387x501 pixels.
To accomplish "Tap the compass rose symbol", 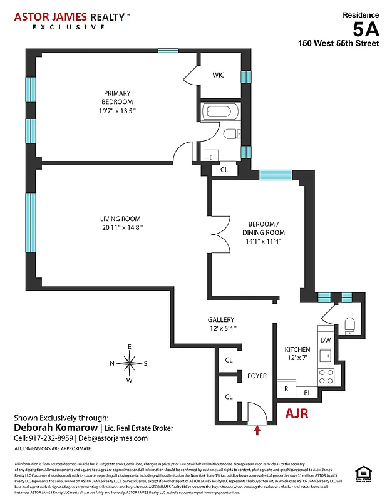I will pyautogui.click(x=129, y=363).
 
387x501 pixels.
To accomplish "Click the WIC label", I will pyautogui.click(x=218, y=75).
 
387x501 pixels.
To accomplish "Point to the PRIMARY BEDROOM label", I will pyautogui.click(x=118, y=98).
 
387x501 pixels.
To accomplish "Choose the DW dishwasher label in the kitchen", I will pyautogui.click(x=326, y=340).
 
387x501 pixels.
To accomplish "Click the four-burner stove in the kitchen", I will pyautogui.click(x=326, y=376).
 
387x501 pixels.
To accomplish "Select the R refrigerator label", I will pyautogui.click(x=286, y=388).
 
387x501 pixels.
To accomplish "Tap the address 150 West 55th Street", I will pyautogui.click(x=338, y=44).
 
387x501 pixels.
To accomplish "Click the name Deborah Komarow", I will pyautogui.click(x=55, y=428).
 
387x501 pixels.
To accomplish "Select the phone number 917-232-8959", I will pyautogui.click(x=53, y=438).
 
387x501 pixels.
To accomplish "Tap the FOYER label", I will pyautogui.click(x=257, y=376).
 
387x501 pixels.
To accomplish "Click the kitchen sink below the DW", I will pyautogui.click(x=326, y=356).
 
